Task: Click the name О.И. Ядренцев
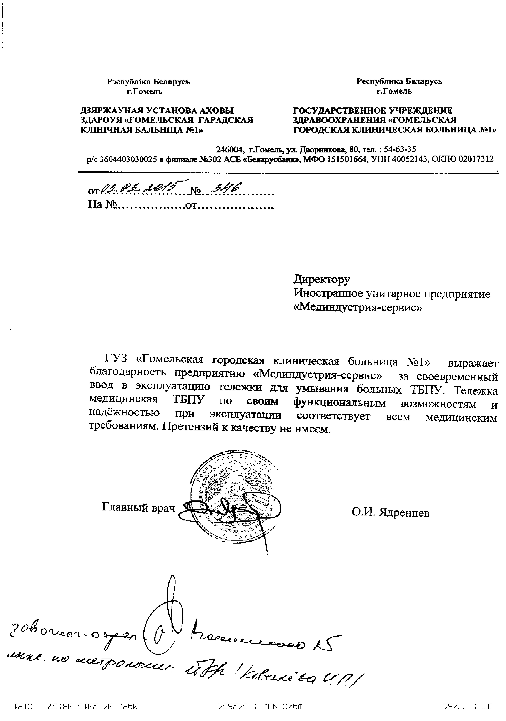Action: [390, 513]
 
